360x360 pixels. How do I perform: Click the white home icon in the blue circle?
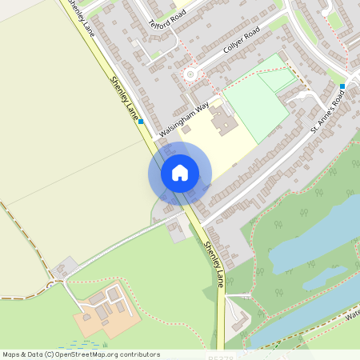pos(180,173)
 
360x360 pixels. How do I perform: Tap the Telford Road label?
pos(162,18)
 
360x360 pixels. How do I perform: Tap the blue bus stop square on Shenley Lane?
pos(141,122)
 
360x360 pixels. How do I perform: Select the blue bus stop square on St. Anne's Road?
pos(342,86)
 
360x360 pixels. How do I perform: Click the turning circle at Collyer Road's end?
pos(190,74)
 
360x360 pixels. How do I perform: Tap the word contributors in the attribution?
pos(137,354)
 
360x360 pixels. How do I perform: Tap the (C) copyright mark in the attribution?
pos(49,354)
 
